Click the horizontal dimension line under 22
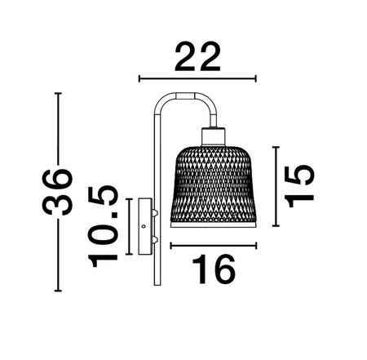[198, 78]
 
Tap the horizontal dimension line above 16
[214, 244]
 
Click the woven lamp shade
[213, 183]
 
